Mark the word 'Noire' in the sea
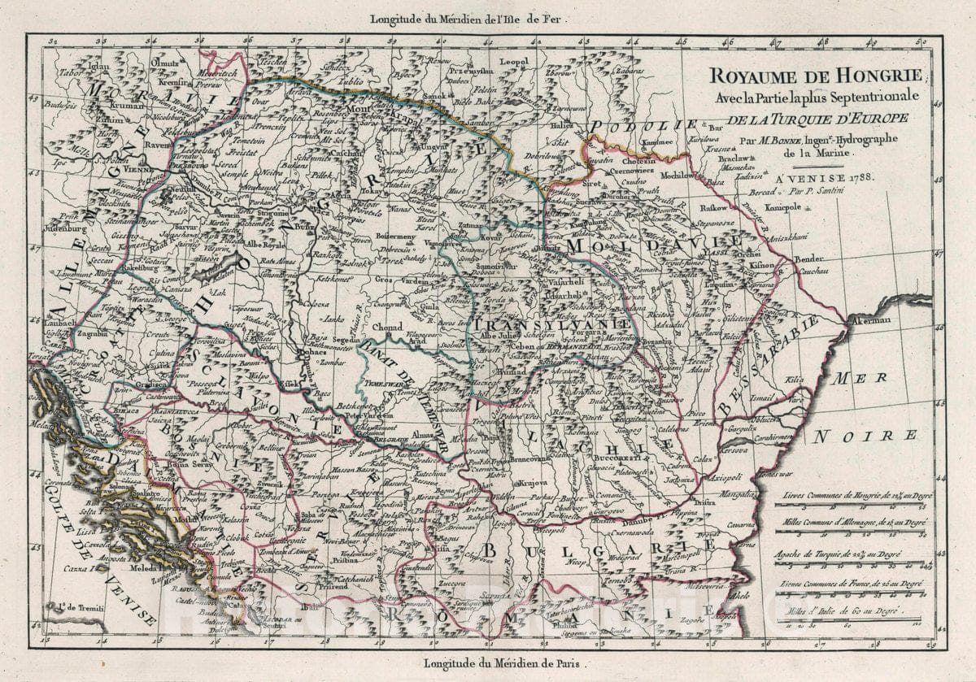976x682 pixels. pos(867,436)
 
